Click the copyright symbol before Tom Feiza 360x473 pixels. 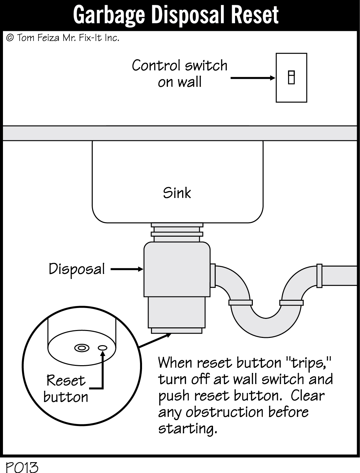coord(10,38)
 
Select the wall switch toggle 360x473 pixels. coord(291,78)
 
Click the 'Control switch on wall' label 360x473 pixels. coord(180,74)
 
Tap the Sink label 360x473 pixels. coord(177,193)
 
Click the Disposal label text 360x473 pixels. coord(77,269)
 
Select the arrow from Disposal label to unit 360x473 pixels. coord(127,270)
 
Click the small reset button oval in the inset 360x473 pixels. coord(103,348)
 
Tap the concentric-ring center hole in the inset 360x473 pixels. coord(82,348)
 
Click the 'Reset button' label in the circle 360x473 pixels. coord(66,389)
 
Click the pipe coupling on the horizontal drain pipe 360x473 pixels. coord(319,276)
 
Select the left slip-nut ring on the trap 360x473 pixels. coord(240,302)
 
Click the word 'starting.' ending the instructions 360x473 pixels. coord(188,429)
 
